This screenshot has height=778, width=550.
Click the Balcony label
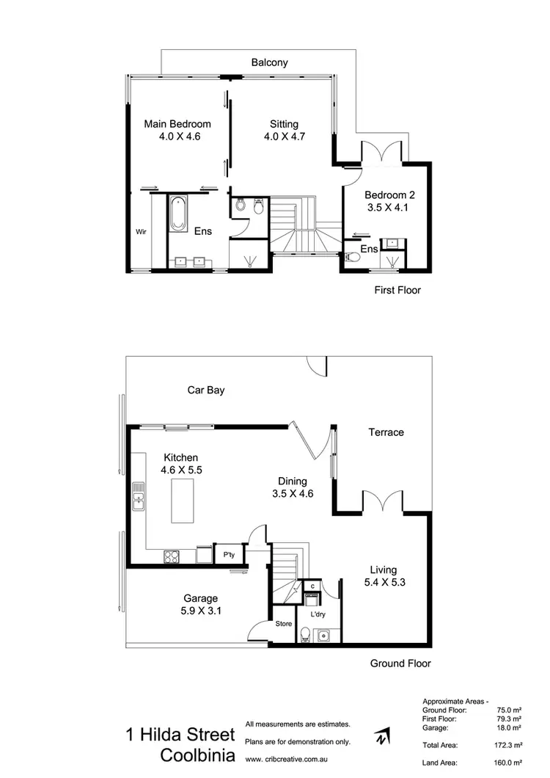pyautogui.click(x=269, y=63)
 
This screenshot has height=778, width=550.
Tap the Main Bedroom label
pyautogui.click(x=177, y=124)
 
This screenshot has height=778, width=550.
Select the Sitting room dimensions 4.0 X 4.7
pyautogui.click(x=284, y=137)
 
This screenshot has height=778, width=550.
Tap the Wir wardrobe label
pyautogui.click(x=142, y=232)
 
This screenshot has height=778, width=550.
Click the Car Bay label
pyautogui.click(x=206, y=390)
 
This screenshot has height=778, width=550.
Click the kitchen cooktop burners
pyautogui.click(x=171, y=556)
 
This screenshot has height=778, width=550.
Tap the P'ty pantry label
pyautogui.click(x=229, y=556)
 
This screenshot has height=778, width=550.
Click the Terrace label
pyautogui.click(x=386, y=432)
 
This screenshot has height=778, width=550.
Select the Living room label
pyautogui.click(x=383, y=570)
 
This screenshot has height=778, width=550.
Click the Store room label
pyautogui.click(x=283, y=625)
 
